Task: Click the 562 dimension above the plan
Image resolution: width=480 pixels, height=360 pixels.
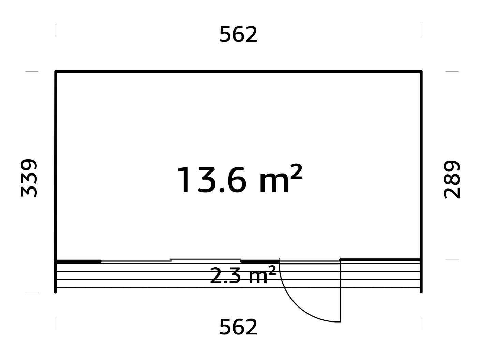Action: pos(238,34)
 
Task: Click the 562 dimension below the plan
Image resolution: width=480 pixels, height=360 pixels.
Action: pos(238,327)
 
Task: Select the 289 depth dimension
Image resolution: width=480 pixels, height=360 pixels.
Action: pos(452,179)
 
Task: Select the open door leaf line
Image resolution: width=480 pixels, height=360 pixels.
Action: pos(340,291)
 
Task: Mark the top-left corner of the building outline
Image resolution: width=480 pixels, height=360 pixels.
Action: pos(56,71)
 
